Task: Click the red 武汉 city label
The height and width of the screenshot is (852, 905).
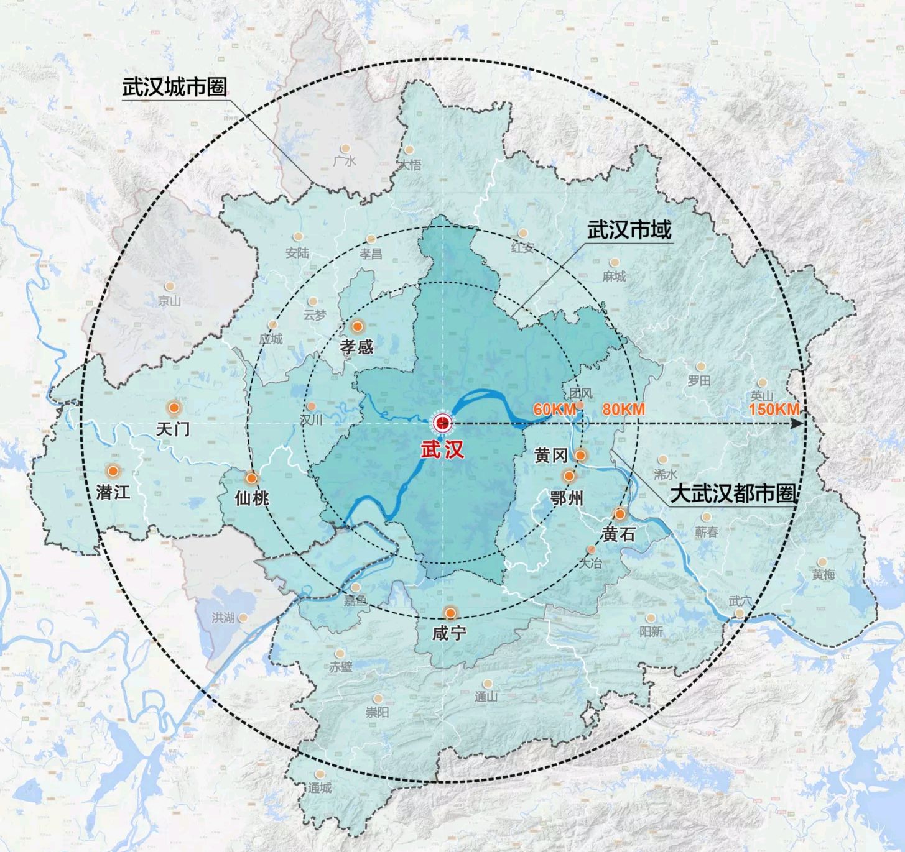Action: [442, 450]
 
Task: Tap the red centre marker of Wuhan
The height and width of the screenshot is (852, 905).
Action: [443, 423]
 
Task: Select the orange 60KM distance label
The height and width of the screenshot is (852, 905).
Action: [554, 410]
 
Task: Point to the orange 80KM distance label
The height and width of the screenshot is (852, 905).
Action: [623, 410]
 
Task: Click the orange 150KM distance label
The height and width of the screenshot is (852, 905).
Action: [774, 410]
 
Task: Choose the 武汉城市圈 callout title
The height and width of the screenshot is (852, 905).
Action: [174, 87]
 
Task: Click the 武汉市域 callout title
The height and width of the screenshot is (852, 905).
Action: [629, 231]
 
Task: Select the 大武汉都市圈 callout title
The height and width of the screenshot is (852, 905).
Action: [733, 494]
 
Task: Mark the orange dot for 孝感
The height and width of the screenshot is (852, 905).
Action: [358, 326]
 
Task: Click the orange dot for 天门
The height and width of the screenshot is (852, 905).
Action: [174, 408]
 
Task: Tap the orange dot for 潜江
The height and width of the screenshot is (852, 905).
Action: [113, 471]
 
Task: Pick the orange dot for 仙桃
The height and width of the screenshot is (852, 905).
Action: [251, 479]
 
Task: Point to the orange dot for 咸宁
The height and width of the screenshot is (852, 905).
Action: [450, 613]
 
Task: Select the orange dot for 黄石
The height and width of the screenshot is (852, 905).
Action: [620, 514]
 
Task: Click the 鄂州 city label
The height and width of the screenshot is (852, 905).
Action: [567, 497]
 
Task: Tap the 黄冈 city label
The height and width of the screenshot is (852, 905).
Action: [550, 456]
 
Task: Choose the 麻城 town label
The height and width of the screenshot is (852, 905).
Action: [614, 276]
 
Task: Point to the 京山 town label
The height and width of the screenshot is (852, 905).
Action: [169, 301]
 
